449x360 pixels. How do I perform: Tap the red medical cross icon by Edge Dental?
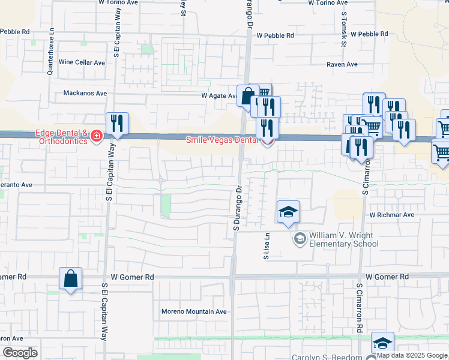click(95, 137)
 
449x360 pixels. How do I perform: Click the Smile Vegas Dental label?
click(221, 139)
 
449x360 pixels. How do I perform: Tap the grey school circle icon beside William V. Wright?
click(299, 239)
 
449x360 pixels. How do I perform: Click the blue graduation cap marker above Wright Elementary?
click(288, 212)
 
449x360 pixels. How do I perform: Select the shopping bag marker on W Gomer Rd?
click(71, 279)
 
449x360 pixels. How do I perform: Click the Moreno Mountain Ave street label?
click(194, 311)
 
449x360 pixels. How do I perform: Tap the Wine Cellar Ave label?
click(82, 62)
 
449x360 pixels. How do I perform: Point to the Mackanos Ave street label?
click(85, 93)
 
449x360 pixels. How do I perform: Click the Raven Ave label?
click(342, 64)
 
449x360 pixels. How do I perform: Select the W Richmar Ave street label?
click(392, 214)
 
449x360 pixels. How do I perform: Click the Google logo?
click(20, 353)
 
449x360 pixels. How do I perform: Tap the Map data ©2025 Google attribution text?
click(412, 355)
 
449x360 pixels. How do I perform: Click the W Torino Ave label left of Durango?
click(119, 2)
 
